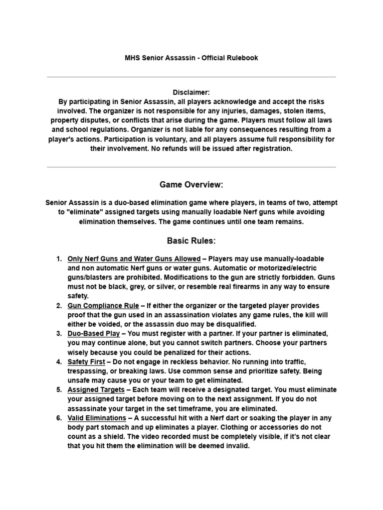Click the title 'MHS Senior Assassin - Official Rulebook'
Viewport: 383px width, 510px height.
191,58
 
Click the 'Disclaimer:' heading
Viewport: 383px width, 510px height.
191,93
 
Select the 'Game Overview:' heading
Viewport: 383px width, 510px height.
191,185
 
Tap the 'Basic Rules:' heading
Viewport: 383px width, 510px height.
191,241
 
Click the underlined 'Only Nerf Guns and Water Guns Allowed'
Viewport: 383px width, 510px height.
134,259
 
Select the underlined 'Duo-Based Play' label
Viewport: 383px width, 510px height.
94,333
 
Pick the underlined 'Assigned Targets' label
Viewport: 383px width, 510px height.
96,389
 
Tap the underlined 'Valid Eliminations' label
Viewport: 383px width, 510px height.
97,418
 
